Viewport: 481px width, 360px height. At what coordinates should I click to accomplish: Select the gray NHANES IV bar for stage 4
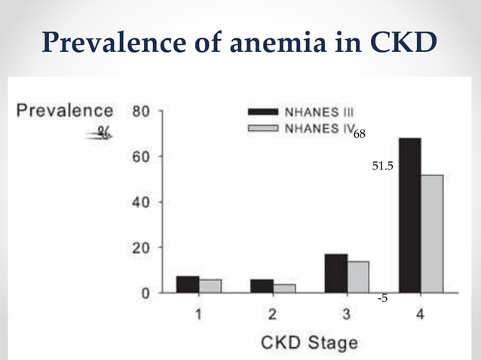point(432,233)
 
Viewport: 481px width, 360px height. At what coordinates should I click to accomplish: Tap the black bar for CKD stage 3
point(336,273)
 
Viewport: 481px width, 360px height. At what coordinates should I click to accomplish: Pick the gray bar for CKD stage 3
point(358,276)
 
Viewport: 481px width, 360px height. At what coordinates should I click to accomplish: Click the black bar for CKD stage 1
point(188,284)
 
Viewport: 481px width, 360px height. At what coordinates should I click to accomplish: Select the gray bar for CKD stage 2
point(284,288)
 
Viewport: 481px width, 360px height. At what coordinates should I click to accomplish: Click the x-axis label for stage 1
point(198,315)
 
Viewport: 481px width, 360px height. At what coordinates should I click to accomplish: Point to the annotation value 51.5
point(383,165)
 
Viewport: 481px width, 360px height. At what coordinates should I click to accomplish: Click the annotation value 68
point(360,134)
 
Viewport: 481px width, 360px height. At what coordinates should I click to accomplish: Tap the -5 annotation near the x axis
point(382,299)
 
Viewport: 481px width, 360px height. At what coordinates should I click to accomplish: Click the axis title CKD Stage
point(309,343)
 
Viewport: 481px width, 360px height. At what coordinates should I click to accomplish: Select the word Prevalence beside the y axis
point(66,110)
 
